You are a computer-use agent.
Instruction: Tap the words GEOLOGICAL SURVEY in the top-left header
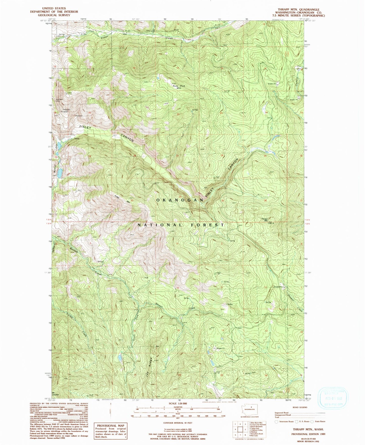coord(54,15)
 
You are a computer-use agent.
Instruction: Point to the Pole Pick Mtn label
coord(179,87)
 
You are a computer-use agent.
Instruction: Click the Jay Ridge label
coord(149,367)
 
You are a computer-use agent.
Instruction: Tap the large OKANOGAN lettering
coord(180,200)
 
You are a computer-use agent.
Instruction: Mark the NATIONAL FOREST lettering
coord(181,225)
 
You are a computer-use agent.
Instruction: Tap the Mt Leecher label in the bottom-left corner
coord(55,394)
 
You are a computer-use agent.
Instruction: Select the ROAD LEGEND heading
coord(300,407)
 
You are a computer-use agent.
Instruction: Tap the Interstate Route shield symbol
coord(276,421)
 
